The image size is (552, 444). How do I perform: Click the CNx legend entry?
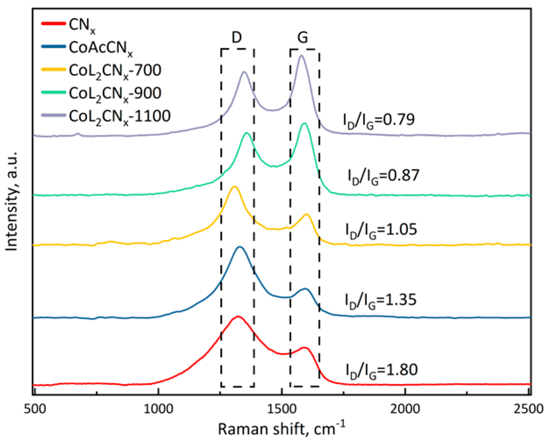point(82,25)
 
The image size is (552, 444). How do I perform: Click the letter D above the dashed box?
point(237,38)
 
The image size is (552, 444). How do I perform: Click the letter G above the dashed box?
point(302,38)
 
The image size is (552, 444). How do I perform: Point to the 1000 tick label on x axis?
point(158,409)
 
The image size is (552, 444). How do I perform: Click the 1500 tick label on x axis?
point(282,409)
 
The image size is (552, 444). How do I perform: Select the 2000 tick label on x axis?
point(405,409)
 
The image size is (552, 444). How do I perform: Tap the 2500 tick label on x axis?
point(528,409)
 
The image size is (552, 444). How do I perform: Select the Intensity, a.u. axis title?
point(12,201)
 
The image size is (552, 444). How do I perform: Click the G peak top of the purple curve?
point(301,56)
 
